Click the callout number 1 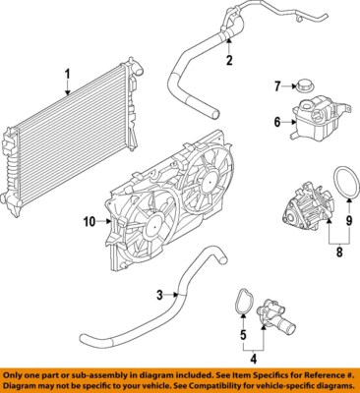68,73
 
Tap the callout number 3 159,294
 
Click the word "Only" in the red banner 17,375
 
